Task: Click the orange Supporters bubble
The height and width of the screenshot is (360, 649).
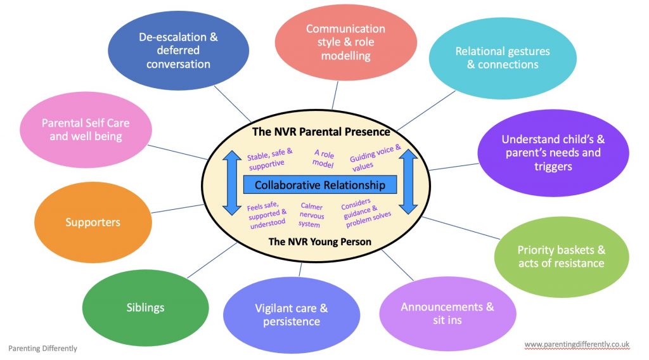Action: pyautogui.click(x=93, y=222)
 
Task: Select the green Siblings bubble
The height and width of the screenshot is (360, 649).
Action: pyautogui.click(x=145, y=307)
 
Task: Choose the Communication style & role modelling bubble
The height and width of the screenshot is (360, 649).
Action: pyautogui.click(x=345, y=42)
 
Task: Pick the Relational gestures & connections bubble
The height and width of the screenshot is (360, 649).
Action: pyautogui.click(x=503, y=58)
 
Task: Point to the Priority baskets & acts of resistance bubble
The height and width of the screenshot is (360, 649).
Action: pyautogui.click(x=561, y=257)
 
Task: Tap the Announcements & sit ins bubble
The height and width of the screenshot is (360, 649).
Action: pyautogui.click(x=447, y=313)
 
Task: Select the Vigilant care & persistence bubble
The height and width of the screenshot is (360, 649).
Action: pyautogui.click(x=292, y=315)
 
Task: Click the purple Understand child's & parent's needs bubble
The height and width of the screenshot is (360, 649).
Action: pyautogui.click(x=543, y=153)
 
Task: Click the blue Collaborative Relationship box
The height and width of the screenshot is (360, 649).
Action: pyautogui.click(x=320, y=185)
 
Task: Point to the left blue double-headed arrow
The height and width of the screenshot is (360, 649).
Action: pyautogui.click(x=229, y=184)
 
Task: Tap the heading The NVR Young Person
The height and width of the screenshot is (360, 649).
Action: pyautogui.click(x=320, y=241)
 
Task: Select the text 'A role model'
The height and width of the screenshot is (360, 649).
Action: pyautogui.click(x=323, y=157)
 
